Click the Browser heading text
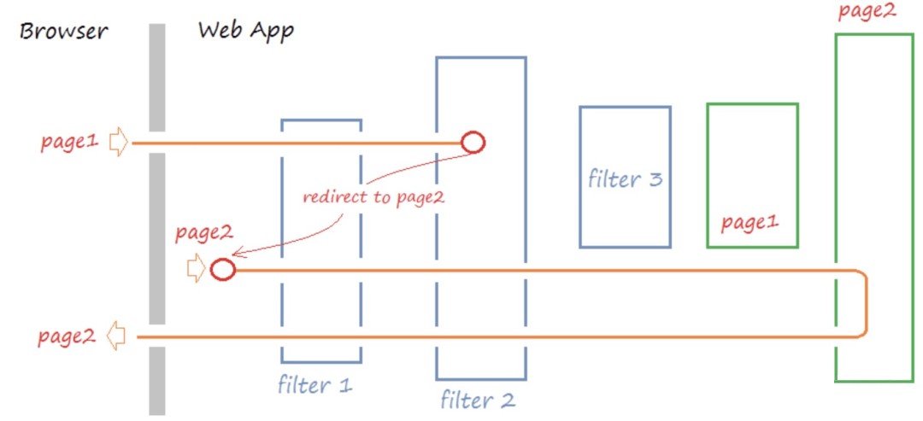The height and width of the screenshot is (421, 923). click(x=64, y=32)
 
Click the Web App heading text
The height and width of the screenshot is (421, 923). click(x=245, y=31)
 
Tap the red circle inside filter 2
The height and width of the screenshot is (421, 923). click(x=473, y=142)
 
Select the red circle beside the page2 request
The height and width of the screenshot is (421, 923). click(x=222, y=270)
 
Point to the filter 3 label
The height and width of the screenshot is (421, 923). click(x=625, y=179)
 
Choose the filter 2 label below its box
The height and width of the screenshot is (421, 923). click(x=478, y=399)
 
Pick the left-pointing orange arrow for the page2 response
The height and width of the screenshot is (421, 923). click(x=116, y=336)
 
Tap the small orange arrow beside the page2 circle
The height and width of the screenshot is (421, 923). click(x=196, y=269)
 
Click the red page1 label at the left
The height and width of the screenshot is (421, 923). click(x=69, y=143)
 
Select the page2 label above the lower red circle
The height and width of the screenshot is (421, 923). click(x=203, y=232)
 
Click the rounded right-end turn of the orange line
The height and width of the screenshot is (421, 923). click(x=865, y=303)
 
